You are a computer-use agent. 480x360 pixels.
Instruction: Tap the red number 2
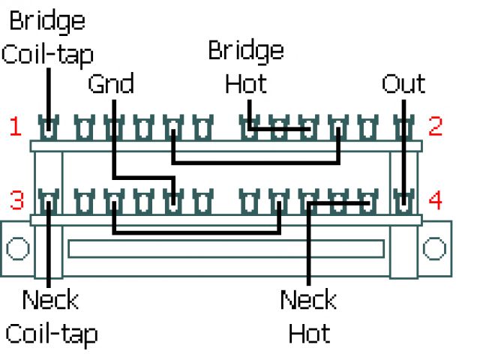tap(435, 126)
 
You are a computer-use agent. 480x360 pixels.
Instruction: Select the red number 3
tap(16, 200)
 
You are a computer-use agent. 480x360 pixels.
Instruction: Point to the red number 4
tap(435, 200)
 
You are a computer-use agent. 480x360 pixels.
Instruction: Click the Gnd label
tap(111, 84)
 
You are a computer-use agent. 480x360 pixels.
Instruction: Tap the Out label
tap(403, 84)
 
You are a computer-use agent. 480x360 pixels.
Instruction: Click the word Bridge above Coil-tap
tap(46, 20)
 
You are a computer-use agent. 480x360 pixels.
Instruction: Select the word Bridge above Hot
tap(246, 51)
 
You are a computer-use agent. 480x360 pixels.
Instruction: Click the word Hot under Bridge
tap(246, 83)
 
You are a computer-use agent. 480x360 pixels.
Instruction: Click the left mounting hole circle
tap(17, 247)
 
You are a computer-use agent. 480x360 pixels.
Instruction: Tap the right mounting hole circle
tap(434, 247)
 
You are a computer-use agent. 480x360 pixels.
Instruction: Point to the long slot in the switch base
tap(226, 248)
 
